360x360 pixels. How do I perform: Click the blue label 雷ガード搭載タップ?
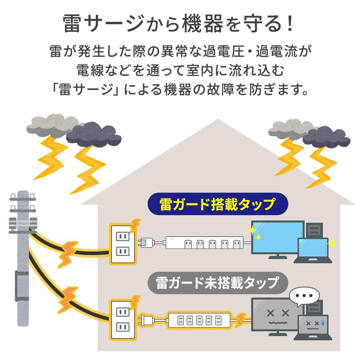[217, 204]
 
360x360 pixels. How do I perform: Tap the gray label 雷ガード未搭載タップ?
[217, 283]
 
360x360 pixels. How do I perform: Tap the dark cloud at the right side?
[326, 137]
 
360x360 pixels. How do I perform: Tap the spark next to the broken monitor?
[240, 320]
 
